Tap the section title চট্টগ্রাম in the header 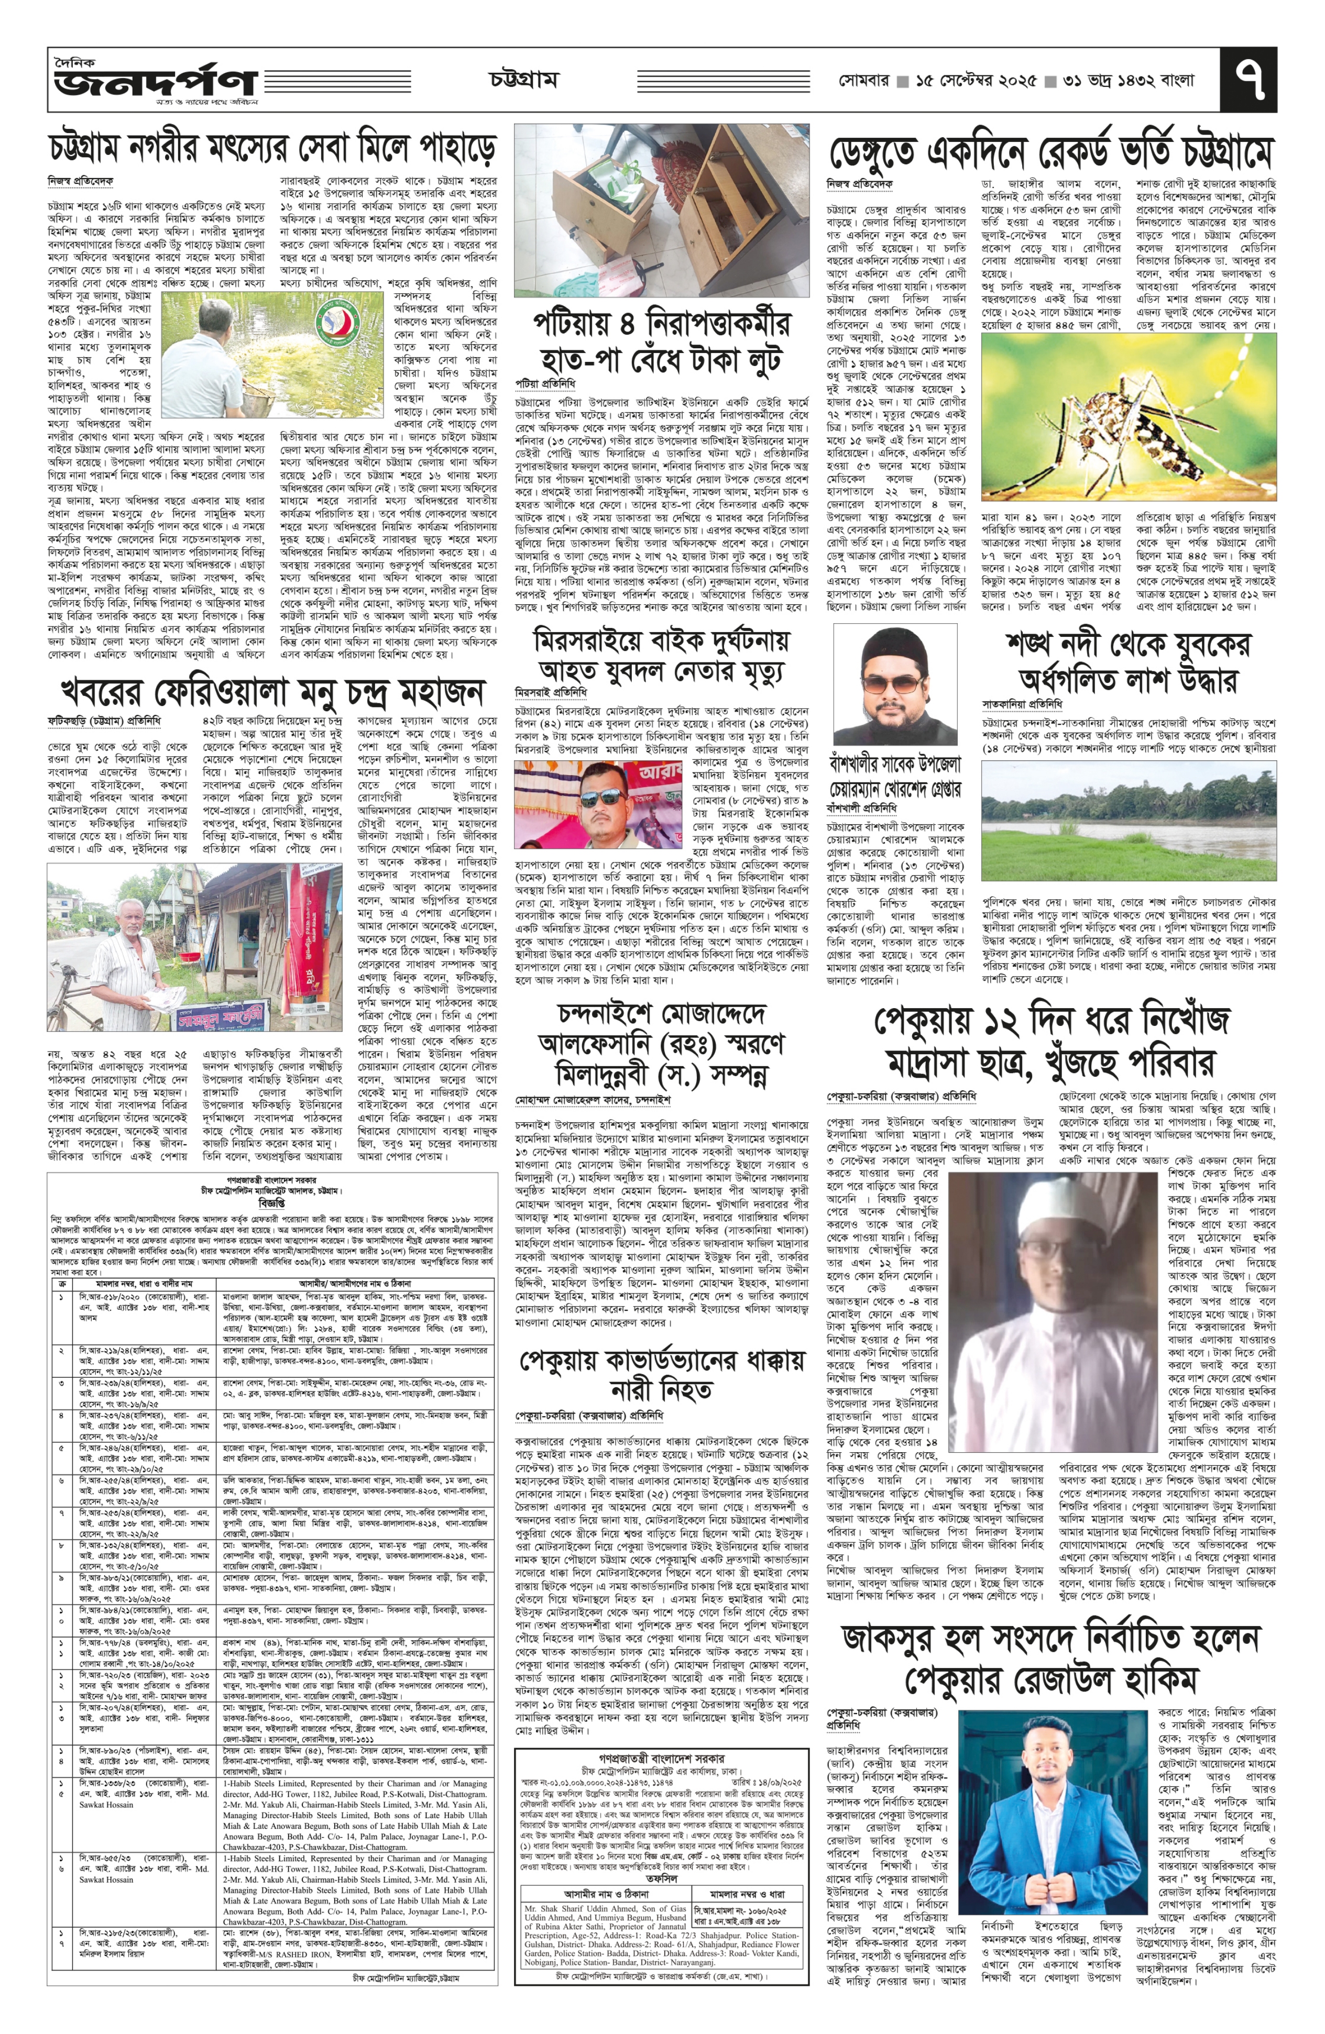(x=523, y=80)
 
